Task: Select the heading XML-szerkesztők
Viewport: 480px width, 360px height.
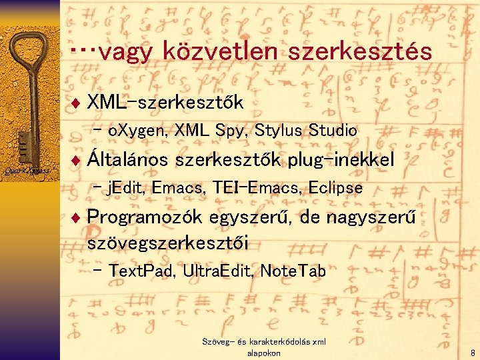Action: (165, 102)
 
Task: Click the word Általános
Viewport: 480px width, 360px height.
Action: (128, 159)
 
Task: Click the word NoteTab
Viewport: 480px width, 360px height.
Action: (293, 271)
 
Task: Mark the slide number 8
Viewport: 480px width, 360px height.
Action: (472, 353)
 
